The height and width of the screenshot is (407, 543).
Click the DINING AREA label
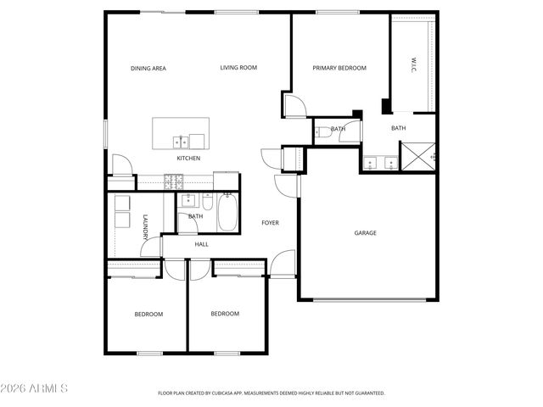[148, 68]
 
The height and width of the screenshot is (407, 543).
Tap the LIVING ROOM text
[238, 68]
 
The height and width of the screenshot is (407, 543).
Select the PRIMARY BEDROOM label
[339, 68]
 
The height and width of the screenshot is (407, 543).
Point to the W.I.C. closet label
[413, 64]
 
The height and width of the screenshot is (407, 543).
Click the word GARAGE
[365, 233]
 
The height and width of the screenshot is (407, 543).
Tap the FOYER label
[270, 223]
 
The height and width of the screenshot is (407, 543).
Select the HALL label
[201, 244]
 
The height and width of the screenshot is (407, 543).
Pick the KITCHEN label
[188, 159]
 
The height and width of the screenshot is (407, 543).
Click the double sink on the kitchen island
[181, 141]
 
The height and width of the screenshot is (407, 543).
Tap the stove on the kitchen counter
[174, 181]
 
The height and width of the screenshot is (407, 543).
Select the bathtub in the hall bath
[228, 213]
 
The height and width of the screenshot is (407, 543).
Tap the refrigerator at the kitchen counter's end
[226, 181]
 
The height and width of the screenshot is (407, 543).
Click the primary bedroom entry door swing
[294, 106]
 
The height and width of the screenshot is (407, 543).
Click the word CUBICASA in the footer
[232, 393]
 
